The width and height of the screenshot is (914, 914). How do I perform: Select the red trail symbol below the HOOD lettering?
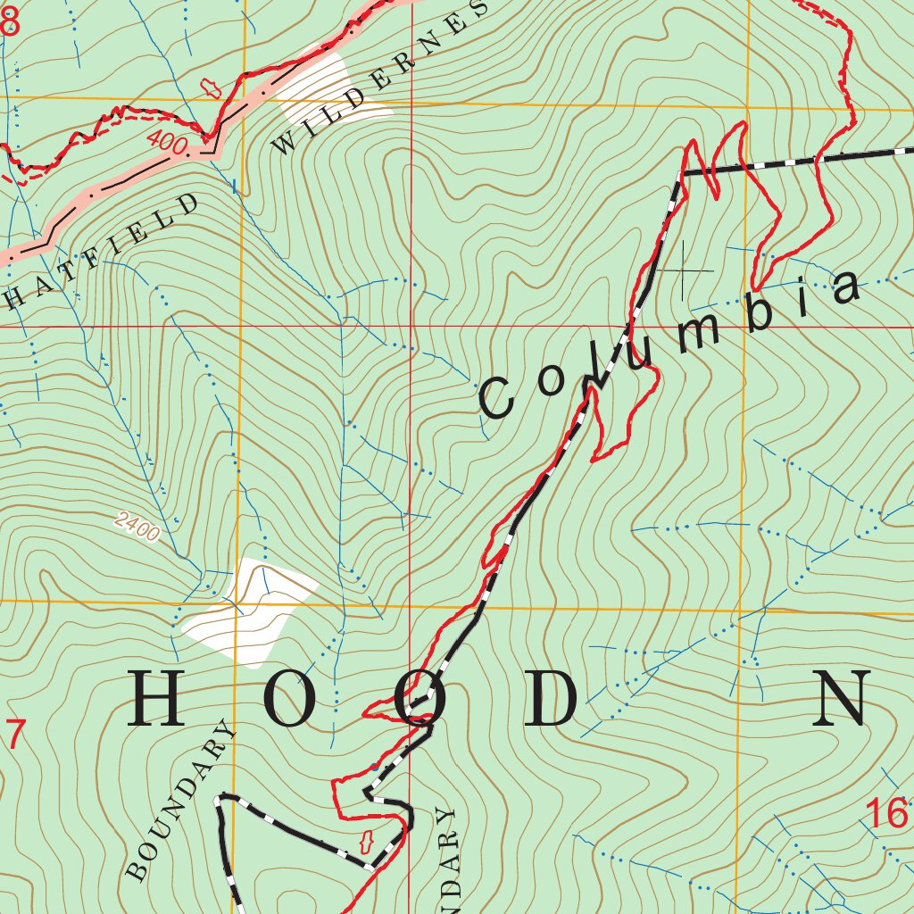pyautogui.click(x=364, y=841)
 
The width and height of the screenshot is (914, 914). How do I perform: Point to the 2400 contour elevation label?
pyautogui.click(x=137, y=528)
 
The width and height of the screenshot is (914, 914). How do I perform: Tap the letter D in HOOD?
pyautogui.click(x=551, y=699)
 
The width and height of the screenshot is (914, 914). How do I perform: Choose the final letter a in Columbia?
pyautogui.click(x=844, y=287)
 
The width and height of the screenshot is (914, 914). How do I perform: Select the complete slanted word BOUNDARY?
pyautogui.click(x=182, y=801)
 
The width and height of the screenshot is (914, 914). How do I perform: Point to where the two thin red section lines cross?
pyautogui.click(x=411, y=327)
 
